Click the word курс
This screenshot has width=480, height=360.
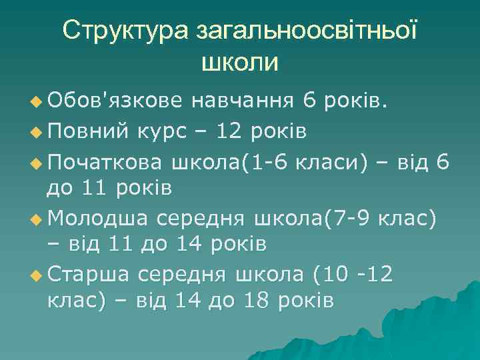tap(164, 130)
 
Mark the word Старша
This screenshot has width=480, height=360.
tap(87, 273)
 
